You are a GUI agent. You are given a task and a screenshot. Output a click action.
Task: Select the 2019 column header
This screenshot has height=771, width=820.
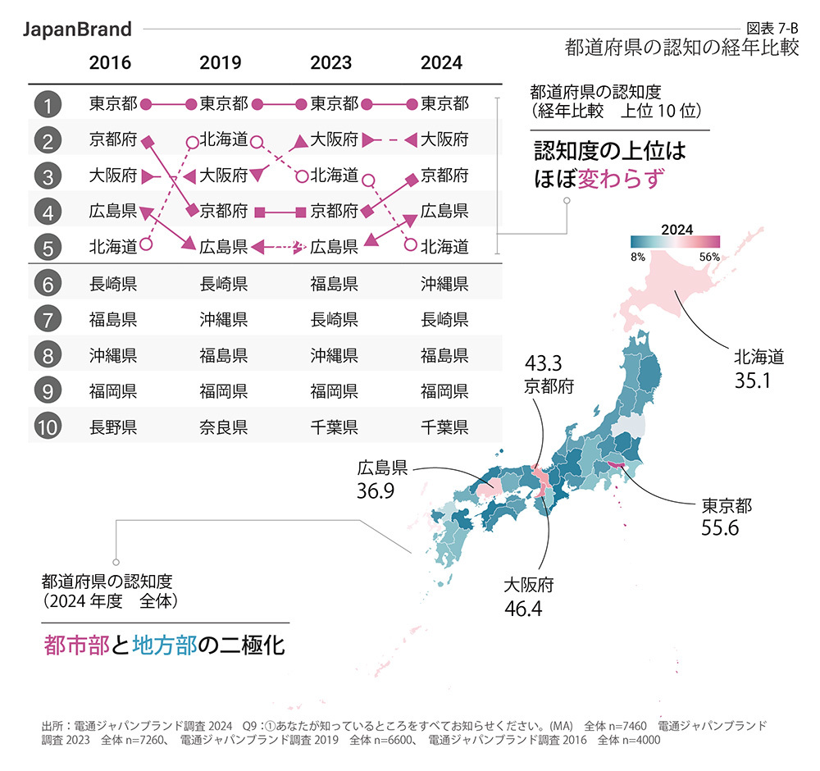coord(220,62)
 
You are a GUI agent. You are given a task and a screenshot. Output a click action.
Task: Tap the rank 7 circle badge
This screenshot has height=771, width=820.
coord(50,319)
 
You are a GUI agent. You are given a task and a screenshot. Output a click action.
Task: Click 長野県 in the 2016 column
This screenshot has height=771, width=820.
coord(113,427)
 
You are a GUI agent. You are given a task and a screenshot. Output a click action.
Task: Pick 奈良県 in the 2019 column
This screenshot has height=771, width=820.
coord(224,427)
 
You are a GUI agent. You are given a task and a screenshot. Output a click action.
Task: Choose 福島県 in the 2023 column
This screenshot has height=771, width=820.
coord(334,284)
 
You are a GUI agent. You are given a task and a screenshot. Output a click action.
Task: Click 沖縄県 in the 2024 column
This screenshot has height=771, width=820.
coord(444,284)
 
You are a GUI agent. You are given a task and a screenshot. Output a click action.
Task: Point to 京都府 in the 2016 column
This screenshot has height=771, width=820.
coord(113,139)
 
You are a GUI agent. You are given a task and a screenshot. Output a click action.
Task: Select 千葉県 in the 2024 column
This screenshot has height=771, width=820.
coord(444,427)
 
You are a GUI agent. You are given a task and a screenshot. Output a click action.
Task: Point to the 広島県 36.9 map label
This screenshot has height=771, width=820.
coord(382,480)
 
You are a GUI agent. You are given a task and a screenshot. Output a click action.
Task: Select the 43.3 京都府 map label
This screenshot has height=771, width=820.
coord(549,374)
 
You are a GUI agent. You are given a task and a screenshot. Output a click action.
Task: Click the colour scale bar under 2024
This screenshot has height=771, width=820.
coord(675,242)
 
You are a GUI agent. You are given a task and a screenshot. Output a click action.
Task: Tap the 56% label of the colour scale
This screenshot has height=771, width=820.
coord(709,257)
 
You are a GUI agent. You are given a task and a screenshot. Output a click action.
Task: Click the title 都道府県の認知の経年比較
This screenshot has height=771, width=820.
coord(681,47)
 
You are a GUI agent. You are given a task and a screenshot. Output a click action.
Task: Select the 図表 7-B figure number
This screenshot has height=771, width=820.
coord(773,27)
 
